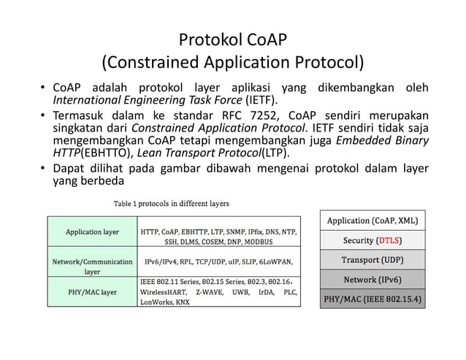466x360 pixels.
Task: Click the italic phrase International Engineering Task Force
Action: coord(159,100)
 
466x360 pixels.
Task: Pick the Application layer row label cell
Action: coord(92,233)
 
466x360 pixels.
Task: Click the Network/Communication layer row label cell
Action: coord(92,265)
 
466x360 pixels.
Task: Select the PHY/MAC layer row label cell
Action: coord(92,292)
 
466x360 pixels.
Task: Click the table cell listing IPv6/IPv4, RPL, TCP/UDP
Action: coord(218,261)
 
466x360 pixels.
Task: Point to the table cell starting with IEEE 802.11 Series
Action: coord(218,291)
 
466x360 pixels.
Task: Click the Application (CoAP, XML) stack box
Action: coord(373,221)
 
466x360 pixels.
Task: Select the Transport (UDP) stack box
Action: coord(373,260)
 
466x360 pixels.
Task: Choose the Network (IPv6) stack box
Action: coord(373,280)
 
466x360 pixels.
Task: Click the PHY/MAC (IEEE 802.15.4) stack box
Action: coord(373,299)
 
